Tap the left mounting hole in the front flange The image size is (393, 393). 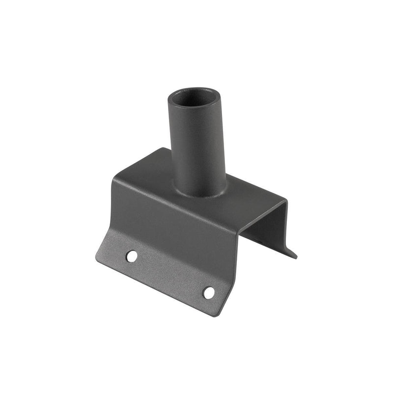pos(132,255)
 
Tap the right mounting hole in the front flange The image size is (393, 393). pos(209,292)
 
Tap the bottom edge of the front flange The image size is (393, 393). pos(157,287)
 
